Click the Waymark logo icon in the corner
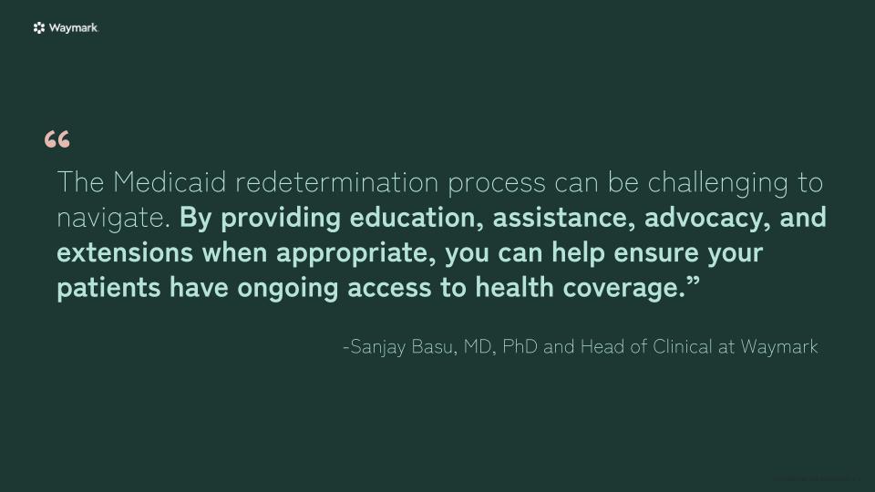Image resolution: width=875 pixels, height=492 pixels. [x=39, y=28]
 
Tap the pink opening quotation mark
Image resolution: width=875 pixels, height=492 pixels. [x=57, y=140]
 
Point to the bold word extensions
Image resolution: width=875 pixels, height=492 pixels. [x=125, y=252]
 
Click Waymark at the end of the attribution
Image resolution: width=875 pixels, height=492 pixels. [x=779, y=347]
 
